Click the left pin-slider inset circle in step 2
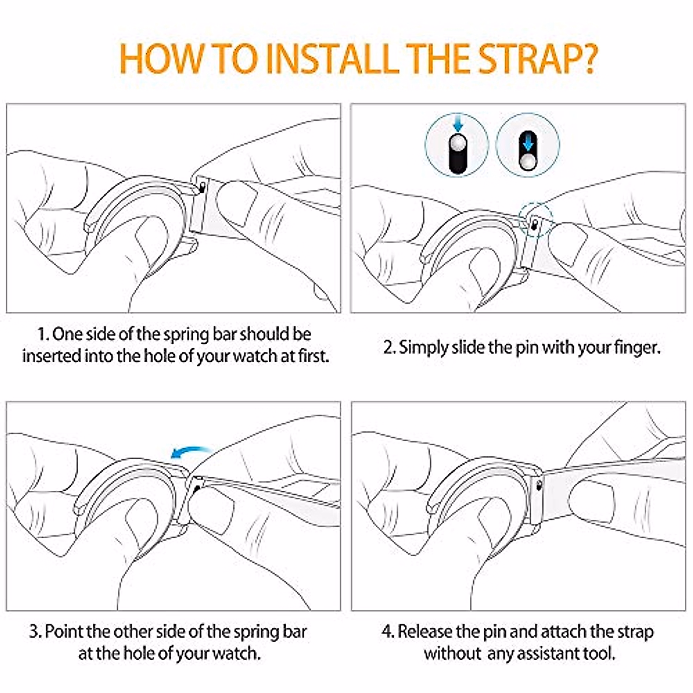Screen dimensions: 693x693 point(457,146)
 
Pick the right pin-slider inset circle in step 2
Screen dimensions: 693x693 point(528,146)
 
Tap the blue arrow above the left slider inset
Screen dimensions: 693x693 point(457,125)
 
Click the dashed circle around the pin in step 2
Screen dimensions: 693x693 point(536,219)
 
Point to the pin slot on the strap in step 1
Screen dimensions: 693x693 point(203,187)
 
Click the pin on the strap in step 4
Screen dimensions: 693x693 point(539,486)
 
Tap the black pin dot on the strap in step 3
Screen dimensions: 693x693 point(196,489)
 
